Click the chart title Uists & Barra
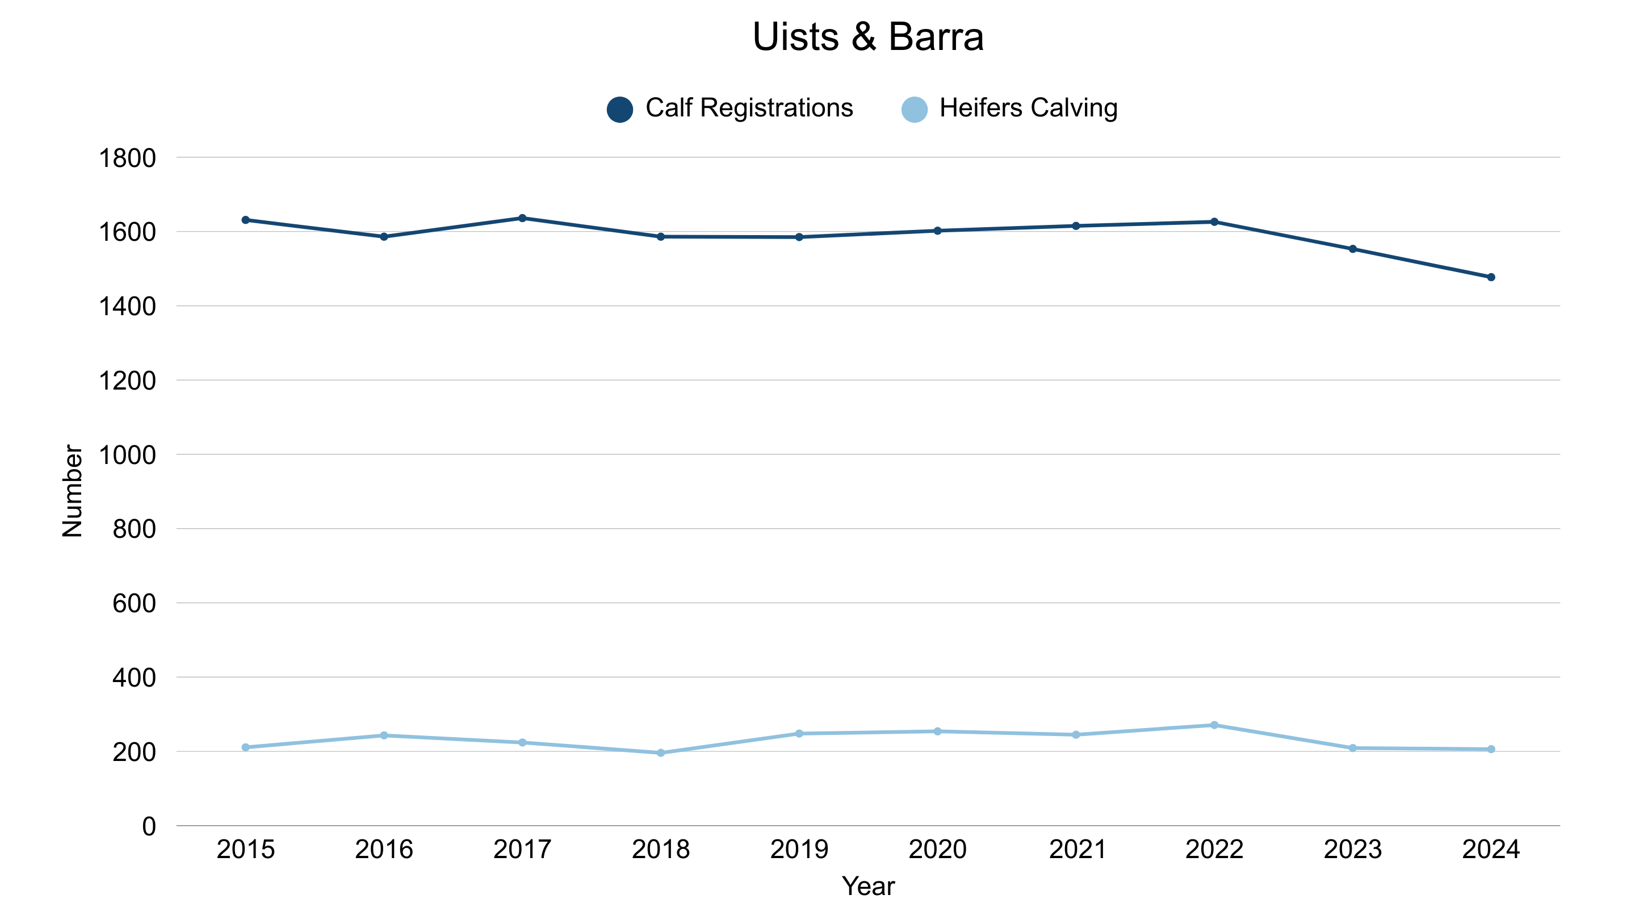coord(867,37)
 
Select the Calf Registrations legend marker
coord(619,109)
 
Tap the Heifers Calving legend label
coord(1028,108)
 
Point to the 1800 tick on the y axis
coord(127,158)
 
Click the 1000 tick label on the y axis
coord(127,455)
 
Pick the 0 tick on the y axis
coord(149,827)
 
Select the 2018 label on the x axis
coord(660,850)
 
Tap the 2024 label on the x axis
coord(1490,850)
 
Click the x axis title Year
coord(867,886)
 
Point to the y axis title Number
coord(72,491)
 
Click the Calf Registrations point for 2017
coord(522,219)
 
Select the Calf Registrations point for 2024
coord(1491,278)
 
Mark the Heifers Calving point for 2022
coord(1214,725)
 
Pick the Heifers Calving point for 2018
coord(661,753)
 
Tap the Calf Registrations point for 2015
coord(246,220)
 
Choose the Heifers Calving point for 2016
coord(384,735)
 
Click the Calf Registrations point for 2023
coord(1352,249)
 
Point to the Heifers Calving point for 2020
coord(937,731)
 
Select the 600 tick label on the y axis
coord(134,604)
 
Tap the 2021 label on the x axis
coord(1077,850)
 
